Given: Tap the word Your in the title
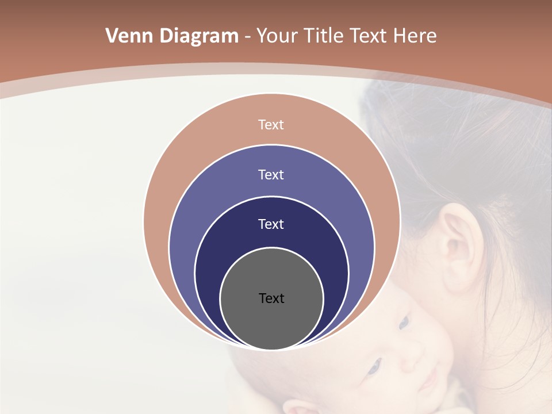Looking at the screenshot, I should (277, 36).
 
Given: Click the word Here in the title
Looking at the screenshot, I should (415, 36).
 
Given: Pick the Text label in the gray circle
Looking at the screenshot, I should (271, 298).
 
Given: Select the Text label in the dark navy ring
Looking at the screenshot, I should (271, 224).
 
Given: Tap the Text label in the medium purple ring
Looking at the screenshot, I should (271, 175).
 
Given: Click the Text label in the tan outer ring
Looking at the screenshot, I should (271, 125).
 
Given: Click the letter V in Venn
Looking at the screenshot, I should (112, 36).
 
